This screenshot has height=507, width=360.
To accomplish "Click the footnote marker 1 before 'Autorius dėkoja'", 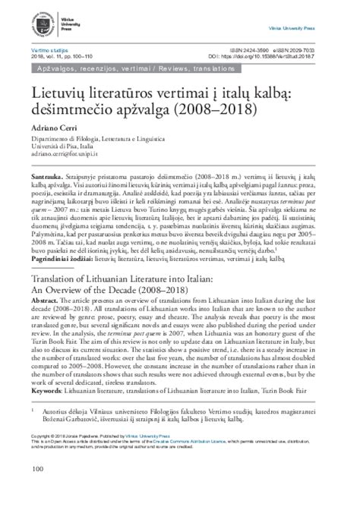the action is click(33, 409).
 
